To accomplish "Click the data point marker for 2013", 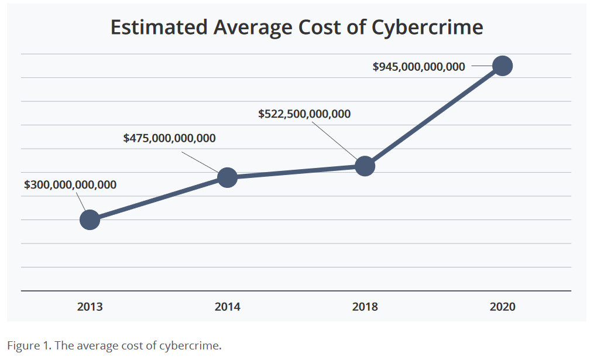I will (x=90, y=220).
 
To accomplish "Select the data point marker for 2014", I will (x=227, y=177).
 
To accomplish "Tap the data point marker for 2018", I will (x=365, y=166).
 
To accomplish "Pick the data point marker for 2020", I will (x=502, y=66).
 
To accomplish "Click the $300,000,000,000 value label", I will (x=70, y=185).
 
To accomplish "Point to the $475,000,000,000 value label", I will (x=169, y=139).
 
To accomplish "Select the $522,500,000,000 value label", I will (x=304, y=114).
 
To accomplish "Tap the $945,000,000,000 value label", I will (x=419, y=67).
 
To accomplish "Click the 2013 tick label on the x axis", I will (x=90, y=307).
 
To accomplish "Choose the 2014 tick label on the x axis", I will (x=227, y=307).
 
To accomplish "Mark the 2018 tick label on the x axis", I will (x=365, y=307).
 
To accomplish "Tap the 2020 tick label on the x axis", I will (x=502, y=307).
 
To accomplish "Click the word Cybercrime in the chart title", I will (x=427, y=28).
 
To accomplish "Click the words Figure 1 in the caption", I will (x=28, y=345).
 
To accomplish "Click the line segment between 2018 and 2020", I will (x=433, y=116).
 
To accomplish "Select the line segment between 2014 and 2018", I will (x=296, y=172).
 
